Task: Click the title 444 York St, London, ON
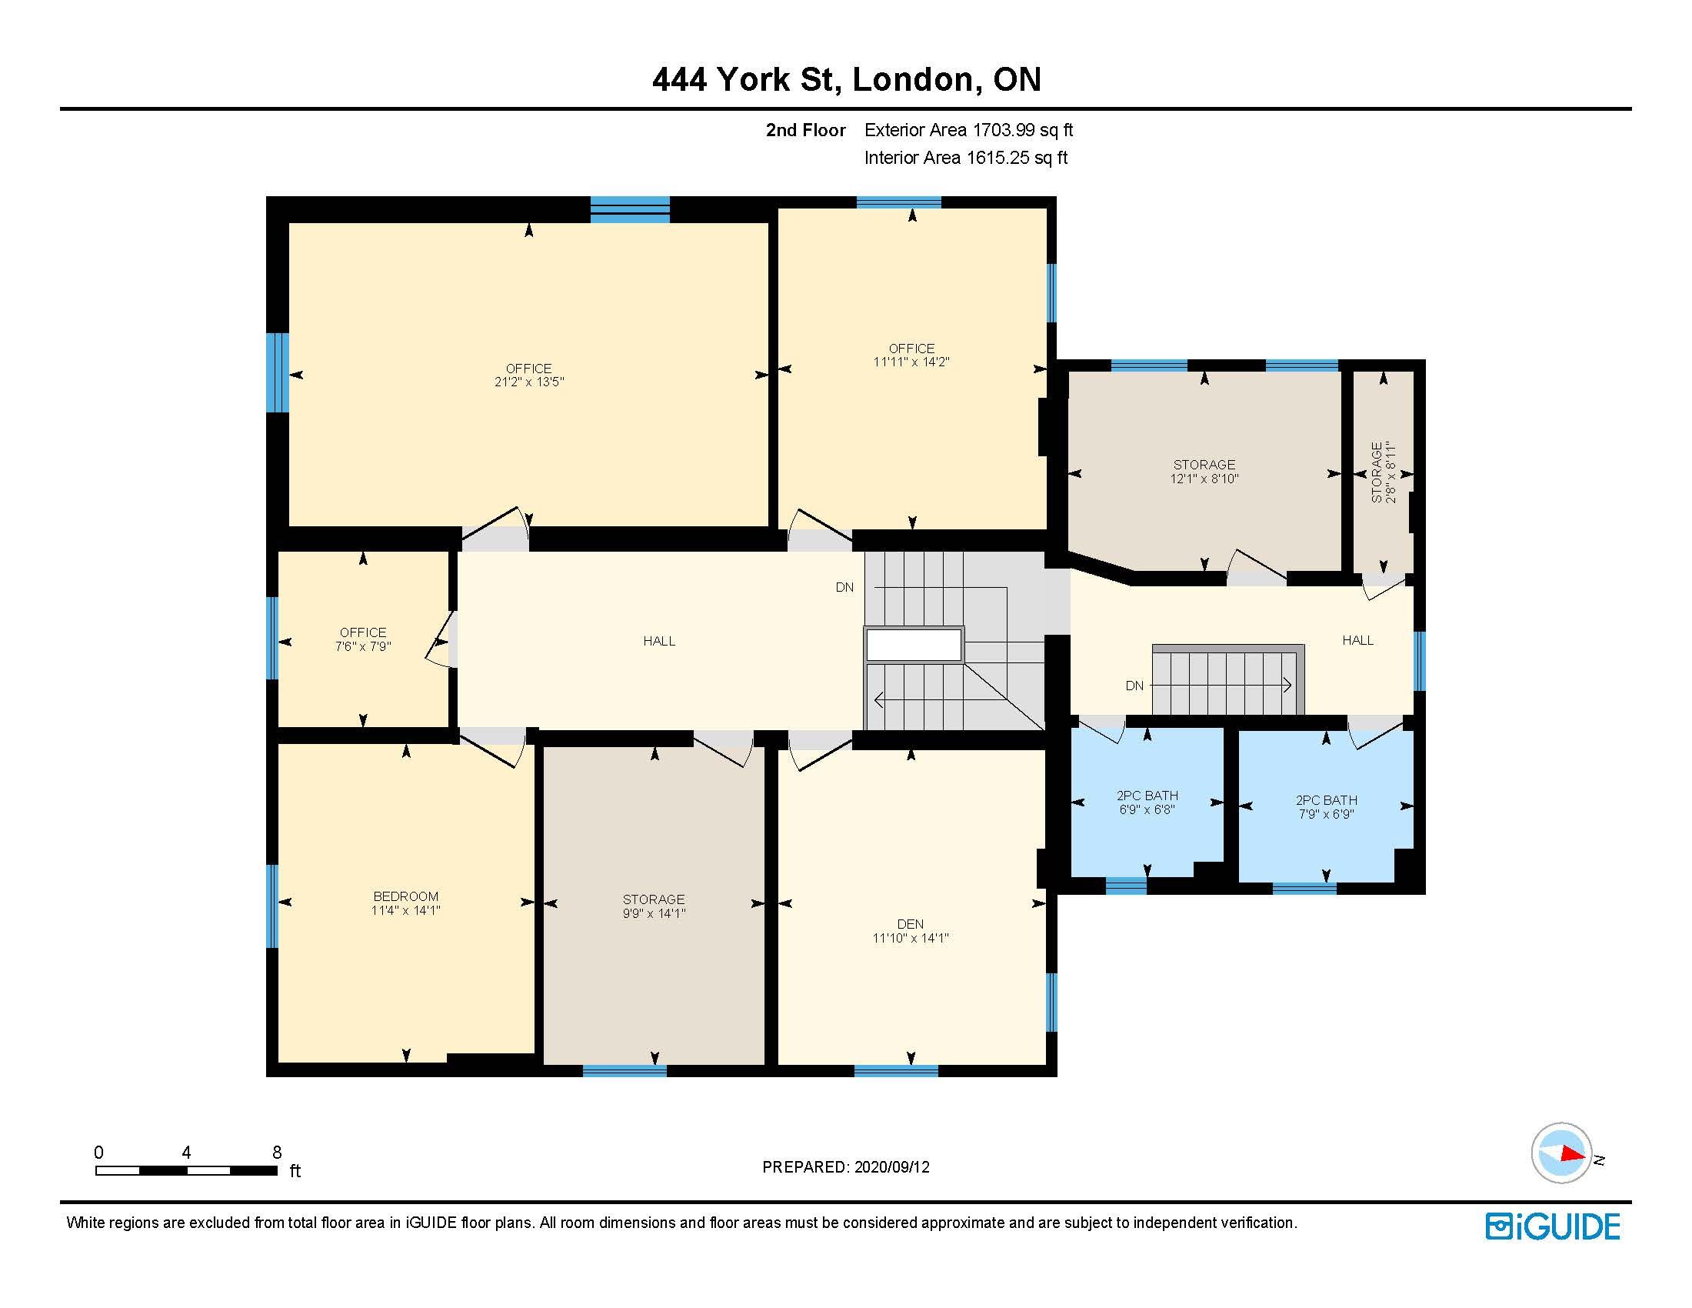tap(846, 80)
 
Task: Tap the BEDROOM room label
tap(406, 896)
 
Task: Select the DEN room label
tap(911, 923)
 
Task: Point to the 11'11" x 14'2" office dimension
tap(912, 362)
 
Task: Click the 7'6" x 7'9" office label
tap(363, 646)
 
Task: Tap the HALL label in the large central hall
tap(659, 641)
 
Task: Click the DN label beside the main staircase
tap(844, 587)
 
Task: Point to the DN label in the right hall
tap(1134, 686)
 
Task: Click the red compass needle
tap(1573, 1153)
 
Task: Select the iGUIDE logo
tap(1553, 1226)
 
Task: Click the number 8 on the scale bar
tap(277, 1153)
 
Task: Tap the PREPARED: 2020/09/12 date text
tap(846, 1167)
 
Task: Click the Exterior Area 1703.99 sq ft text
tap(968, 130)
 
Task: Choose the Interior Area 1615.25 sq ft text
tap(966, 158)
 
